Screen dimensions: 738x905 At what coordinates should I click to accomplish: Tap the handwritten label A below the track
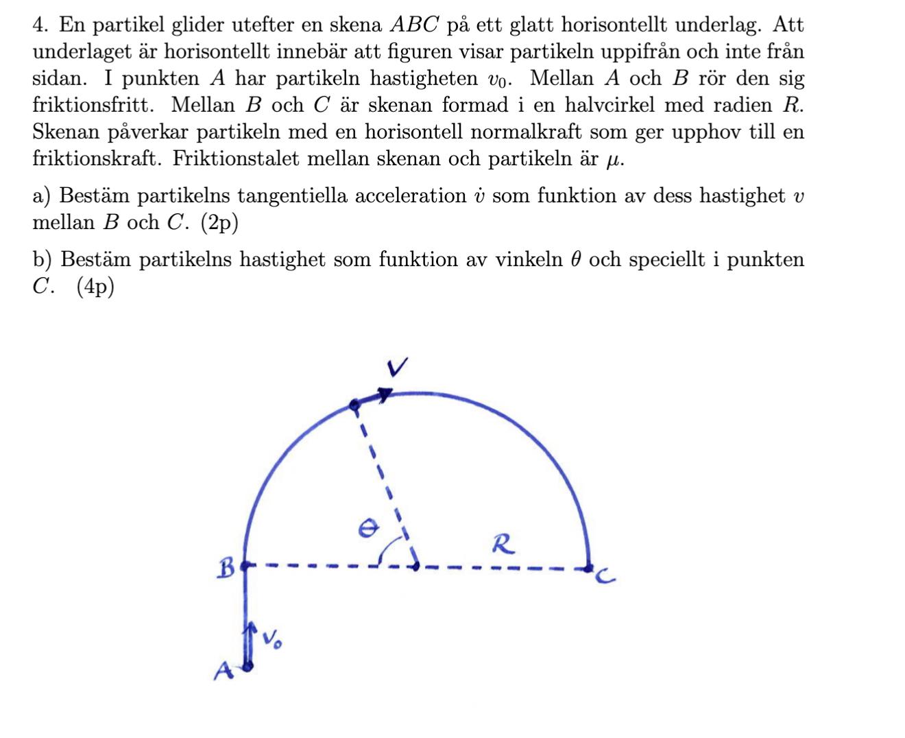(221, 671)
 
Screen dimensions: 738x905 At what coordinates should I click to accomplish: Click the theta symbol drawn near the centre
(370, 526)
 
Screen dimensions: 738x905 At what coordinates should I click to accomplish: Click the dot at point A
(248, 665)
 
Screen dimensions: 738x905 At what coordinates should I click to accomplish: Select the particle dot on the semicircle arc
(354, 405)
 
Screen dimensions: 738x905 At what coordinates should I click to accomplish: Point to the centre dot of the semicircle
(415, 567)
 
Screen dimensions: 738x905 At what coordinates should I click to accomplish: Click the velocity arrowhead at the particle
(385, 394)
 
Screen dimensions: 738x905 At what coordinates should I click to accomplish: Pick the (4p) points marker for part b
(95, 287)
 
